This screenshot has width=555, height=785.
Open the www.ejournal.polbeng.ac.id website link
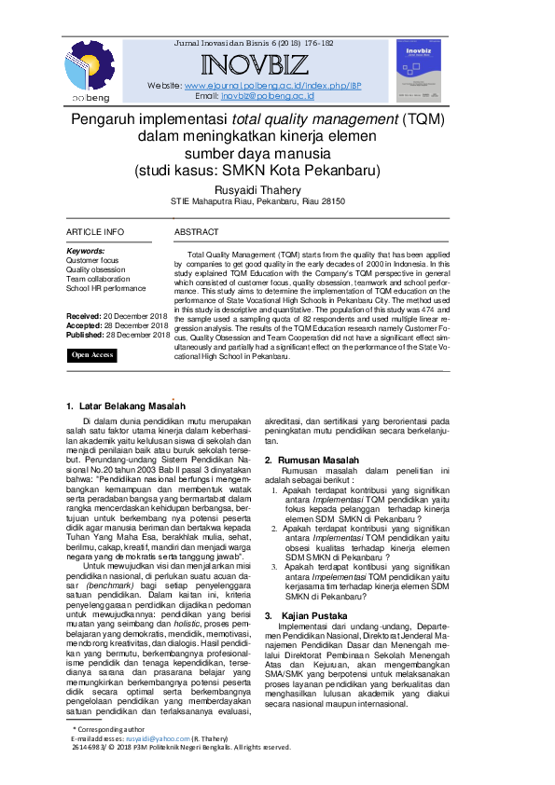(x=249, y=85)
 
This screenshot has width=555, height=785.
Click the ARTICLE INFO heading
(x=94, y=232)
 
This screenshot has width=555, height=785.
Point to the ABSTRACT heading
(x=197, y=232)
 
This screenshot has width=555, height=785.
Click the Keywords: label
(x=86, y=251)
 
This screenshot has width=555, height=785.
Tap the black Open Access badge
(x=93, y=355)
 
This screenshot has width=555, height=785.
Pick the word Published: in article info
(x=85, y=335)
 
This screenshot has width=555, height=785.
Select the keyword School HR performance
(x=105, y=288)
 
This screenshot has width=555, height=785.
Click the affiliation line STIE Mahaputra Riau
(x=257, y=201)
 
